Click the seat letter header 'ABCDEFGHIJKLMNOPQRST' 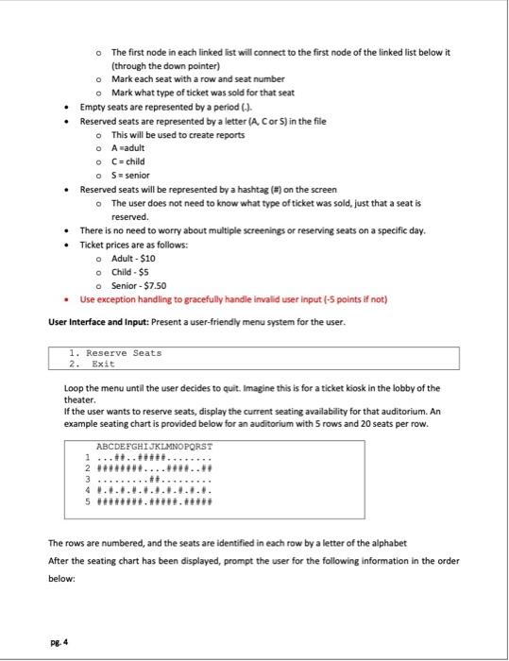[154, 447]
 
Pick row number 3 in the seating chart [88, 479]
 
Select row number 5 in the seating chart [88, 500]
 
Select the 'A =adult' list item [131, 148]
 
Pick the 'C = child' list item [131, 161]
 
